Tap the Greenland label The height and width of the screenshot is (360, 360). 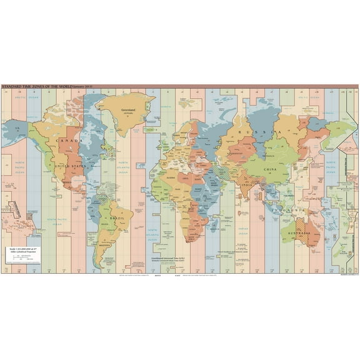127,110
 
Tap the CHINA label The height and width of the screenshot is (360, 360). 270,169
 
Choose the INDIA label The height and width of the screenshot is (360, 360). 247,186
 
